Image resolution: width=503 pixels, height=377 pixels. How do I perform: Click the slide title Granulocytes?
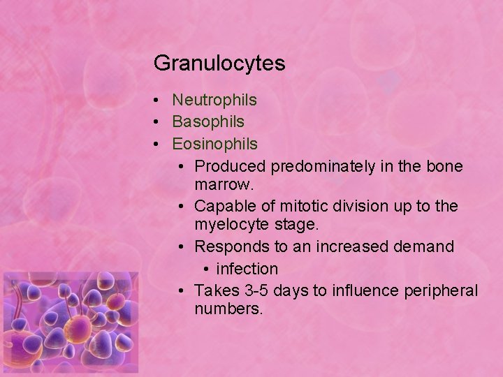pos(219,64)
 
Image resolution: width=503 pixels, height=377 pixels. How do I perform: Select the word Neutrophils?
pos(214,100)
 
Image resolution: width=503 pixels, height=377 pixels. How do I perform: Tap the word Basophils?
pos(208,121)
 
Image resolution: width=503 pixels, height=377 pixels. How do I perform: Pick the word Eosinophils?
pos(214,144)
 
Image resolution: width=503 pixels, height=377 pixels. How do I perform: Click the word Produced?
pos(230,166)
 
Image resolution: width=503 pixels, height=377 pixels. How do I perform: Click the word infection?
pos(247,269)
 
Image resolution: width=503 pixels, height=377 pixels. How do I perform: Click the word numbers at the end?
pos(228,309)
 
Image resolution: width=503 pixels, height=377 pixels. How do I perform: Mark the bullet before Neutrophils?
pos(159,101)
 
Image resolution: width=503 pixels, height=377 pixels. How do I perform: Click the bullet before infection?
pos(206,269)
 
